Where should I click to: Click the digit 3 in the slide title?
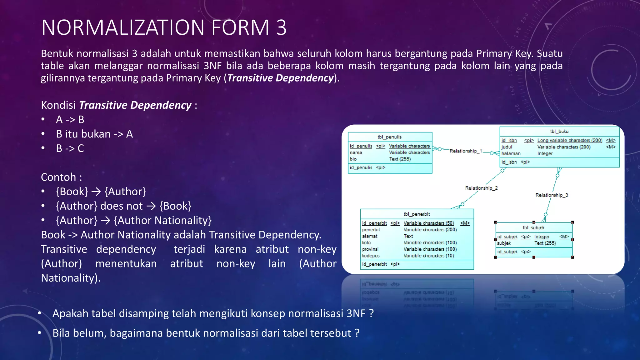pyautogui.click(x=281, y=27)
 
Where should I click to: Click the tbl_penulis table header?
pyautogui.click(x=389, y=137)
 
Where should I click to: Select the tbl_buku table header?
pyautogui.click(x=559, y=132)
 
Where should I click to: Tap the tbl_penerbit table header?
pyautogui.click(x=417, y=214)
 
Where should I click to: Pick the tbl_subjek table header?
pyautogui.click(x=533, y=228)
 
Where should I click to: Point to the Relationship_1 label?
pyautogui.click(x=466, y=151)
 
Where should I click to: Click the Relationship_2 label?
pyautogui.click(x=481, y=188)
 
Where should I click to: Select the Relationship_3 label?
pyautogui.click(x=552, y=195)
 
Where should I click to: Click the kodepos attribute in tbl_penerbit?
pyautogui.click(x=371, y=256)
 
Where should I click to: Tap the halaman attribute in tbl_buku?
pyautogui.click(x=511, y=153)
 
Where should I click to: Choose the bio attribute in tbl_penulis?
pyautogui.click(x=353, y=159)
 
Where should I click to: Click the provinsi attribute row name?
pyautogui.click(x=370, y=249)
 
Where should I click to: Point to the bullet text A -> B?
pyautogui.click(x=70, y=120)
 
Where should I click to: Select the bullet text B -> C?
pyautogui.click(x=70, y=148)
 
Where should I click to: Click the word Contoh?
pyautogui.click(x=58, y=177)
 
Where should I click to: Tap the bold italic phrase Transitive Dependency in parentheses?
pyautogui.click(x=280, y=78)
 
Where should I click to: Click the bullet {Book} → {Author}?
pyautogui.click(x=101, y=192)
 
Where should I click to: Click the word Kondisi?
pyautogui.click(x=58, y=105)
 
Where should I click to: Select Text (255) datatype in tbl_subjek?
pyautogui.click(x=545, y=243)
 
